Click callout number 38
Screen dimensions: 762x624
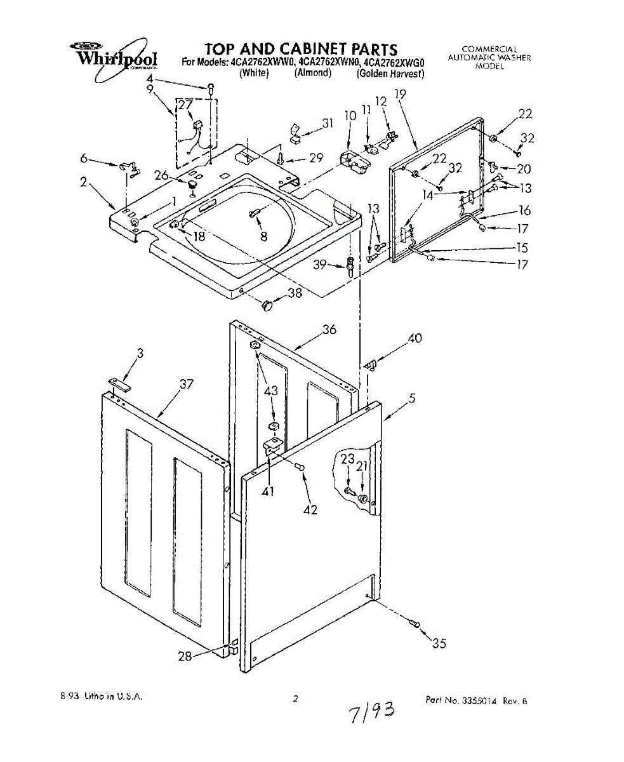click(295, 293)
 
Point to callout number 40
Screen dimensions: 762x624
click(415, 338)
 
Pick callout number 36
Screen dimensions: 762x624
click(329, 330)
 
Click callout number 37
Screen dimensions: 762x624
click(186, 384)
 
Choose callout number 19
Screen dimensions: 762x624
click(399, 94)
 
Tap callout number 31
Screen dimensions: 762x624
click(328, 124)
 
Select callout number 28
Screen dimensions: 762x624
click(185, 657)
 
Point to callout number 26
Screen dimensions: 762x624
click(161, 176)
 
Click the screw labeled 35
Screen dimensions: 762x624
click(415, 624)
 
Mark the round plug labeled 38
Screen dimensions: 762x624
click(267, 305)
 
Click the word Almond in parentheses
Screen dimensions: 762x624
click(312, 74)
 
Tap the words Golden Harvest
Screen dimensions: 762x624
click(390, 74)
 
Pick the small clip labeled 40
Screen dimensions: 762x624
click(371, 364)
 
